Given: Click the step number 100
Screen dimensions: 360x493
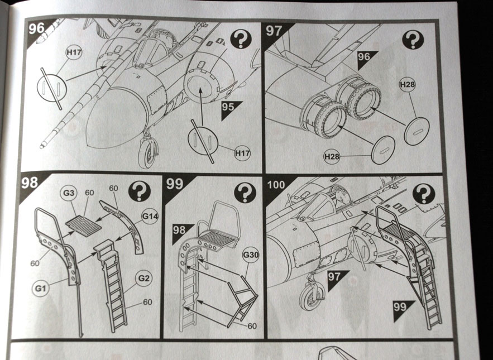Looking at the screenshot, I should [x=277, y=185].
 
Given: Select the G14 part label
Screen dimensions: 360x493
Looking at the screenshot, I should [x=150, y=215].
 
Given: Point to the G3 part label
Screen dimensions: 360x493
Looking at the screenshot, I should [x=69, y=194].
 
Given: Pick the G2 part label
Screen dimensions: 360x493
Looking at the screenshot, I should [x=144, y=276].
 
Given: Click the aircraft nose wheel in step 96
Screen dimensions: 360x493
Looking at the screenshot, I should [x=149, y=151].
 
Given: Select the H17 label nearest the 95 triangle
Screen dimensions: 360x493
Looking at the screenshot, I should [x=241, y=152].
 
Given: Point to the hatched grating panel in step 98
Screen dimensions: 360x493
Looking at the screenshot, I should [x=84, y=225].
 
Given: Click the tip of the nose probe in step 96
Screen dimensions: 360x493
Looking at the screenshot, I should [x=43, y=146].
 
